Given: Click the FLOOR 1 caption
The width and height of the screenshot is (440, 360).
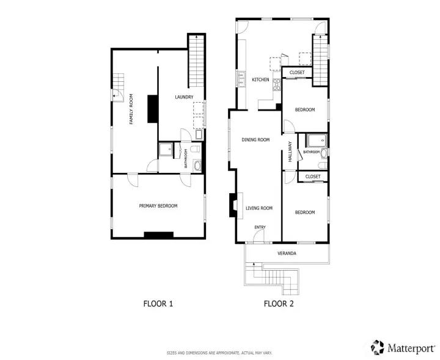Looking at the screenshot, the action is (158, 304).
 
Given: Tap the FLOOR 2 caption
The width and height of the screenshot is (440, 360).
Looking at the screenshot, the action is (279, 304).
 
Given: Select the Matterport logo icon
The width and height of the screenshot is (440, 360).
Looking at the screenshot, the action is (378, 347).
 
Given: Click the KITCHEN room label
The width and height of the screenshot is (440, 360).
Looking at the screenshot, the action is (260, 79).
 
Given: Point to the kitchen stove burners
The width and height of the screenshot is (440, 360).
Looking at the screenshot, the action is (277, 84).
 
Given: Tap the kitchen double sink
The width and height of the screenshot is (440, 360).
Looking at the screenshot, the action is (241, 79).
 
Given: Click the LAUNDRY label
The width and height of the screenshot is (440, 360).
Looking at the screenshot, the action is (184, 97).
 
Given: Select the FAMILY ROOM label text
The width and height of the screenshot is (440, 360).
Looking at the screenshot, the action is (131, 109).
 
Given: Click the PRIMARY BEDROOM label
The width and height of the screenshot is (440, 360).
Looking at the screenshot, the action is (158, 206).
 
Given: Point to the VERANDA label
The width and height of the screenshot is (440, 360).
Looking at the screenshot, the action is (287, 254).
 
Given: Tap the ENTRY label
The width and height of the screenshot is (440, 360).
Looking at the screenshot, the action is (260, 227).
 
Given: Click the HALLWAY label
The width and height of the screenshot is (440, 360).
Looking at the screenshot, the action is (290, 152).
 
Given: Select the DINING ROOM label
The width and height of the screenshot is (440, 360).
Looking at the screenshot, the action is (255, 140).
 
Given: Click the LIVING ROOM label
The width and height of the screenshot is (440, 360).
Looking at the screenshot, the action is (259, 208).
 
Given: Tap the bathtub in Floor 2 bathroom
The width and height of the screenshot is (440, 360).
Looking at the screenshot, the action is (317, 141).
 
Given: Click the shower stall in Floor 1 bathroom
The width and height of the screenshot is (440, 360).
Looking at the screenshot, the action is (166, 149).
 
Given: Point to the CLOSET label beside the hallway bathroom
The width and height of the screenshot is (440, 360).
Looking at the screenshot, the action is (313, 177).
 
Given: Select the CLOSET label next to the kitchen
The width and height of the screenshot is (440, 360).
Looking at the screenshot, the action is (297, 72).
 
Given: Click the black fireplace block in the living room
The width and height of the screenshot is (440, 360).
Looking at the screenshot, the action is (233, 205).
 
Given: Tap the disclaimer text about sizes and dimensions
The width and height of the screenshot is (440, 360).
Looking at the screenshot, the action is (219, 353).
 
